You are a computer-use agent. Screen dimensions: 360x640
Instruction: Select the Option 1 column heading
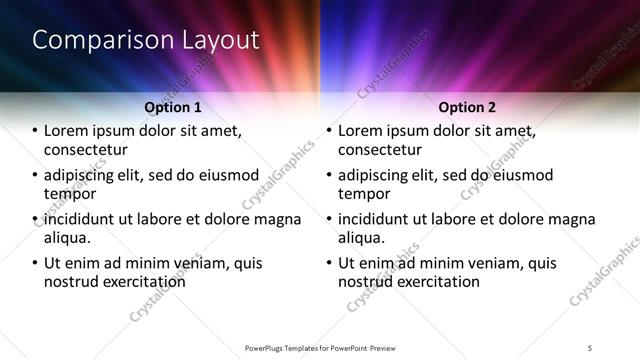coord(173,107)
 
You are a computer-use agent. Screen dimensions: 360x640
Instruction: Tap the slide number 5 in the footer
coord(590,347)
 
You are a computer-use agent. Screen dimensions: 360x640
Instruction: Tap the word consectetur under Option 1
coord(85,150)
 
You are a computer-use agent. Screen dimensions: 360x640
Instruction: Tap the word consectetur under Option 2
coord(379,150)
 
